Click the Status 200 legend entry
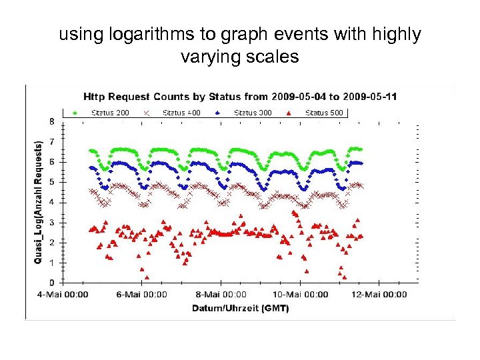point(107,113)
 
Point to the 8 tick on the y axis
point(52,121)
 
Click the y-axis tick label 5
point(52,182)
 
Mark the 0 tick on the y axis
point(52,283)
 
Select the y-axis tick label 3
point(52,222)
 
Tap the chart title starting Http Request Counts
point(239,97)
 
